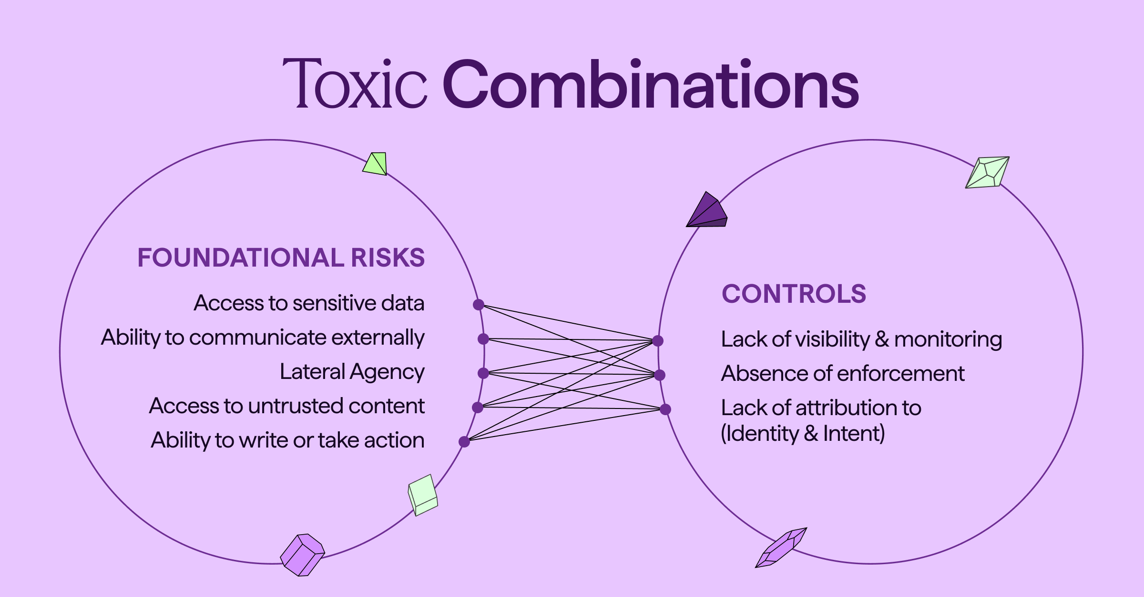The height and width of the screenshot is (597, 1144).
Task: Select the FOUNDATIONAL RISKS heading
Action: [x=281, y=258]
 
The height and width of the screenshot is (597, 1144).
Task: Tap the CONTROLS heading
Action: [x=794, y=294]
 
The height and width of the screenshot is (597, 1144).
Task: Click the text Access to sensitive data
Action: [x=309, y=303]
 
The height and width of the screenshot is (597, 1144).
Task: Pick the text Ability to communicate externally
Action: [x=263, y=338]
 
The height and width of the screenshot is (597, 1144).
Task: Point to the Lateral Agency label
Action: [x=352, y=372]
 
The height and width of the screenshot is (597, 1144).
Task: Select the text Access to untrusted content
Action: [x=286, y=406]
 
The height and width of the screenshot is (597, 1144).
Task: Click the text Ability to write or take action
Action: [x=287, y=440]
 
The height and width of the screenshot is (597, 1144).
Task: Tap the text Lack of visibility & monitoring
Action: [x=861, y=339]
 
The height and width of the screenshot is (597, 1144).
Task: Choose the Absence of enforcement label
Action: [x=843, y=374]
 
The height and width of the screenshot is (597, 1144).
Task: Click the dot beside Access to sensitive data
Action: [x=479, y=305]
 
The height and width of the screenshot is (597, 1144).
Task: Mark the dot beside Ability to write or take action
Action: [x=464, y=442]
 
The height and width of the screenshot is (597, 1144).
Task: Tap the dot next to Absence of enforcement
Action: [x=659, y=375]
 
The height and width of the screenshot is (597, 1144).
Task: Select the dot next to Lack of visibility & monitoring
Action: [x=658, y=341]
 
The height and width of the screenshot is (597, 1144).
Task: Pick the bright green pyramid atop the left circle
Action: [x=376, y=164]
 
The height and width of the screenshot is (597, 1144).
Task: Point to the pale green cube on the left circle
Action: [x=423, y=495]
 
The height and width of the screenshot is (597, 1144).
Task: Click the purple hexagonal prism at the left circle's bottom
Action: [x=302, y=555]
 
